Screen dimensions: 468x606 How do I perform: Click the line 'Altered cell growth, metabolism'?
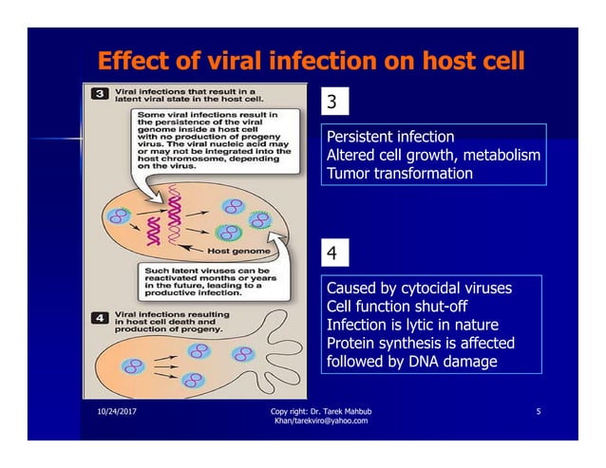[433, 156]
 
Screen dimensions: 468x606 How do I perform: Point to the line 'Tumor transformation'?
[398, 174]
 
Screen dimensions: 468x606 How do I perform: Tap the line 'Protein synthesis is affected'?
[420, 343]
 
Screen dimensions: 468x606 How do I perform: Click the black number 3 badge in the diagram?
[99, 94]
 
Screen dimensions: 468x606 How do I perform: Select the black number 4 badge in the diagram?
[99, 318]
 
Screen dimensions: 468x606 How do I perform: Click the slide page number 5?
[539, 411]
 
